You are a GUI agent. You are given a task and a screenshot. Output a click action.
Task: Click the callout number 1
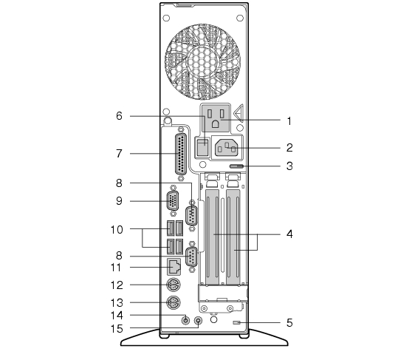[x=289, y=121]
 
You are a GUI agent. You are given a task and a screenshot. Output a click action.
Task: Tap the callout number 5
[x=289, y=323]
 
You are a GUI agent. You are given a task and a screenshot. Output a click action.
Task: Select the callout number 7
[x=119, y=153]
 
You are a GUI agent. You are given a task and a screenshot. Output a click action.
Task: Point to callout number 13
[x=117, y=302]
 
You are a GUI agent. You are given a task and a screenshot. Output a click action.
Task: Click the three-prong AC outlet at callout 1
[x=216, y=118]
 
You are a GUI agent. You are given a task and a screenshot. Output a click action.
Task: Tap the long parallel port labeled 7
[x=181, y=154]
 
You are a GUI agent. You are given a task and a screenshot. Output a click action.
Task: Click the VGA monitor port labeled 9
[x=173, y=201]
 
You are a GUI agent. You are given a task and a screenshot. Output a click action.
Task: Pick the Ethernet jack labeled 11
[x=174, y=267]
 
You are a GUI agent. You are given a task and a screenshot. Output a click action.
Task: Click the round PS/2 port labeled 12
[x=174, y=285]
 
